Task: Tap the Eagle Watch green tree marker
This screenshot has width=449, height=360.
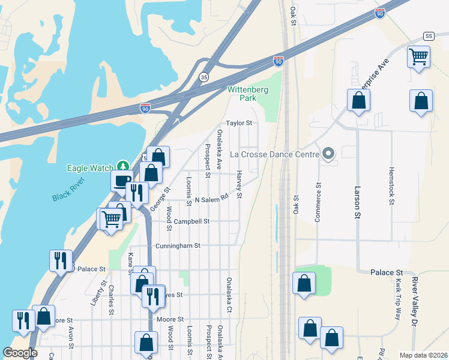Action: (x=123, y=166)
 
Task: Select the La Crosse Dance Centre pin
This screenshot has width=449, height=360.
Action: (x=328, y=154)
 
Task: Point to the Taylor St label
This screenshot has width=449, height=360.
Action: (x=238, y=123)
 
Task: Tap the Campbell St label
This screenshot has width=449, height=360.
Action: (x=191, y=221)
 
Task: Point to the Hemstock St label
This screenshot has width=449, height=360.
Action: (x=391, y=186)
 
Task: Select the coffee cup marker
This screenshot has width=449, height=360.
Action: (x=122, y=180)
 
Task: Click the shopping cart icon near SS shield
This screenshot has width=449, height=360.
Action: (x=418, y=57)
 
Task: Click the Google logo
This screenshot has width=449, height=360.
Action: (x=20, y=352)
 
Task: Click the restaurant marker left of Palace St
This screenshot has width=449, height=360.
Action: (x=61, y=260)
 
